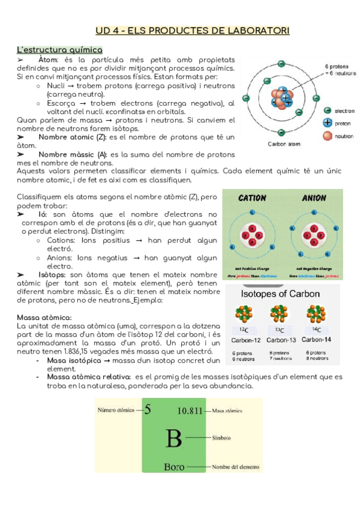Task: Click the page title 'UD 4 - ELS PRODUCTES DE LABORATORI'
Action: point(193,30)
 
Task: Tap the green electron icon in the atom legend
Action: point(327,110)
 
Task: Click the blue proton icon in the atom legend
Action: point(327,122)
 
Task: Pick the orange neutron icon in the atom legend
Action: point(327,136)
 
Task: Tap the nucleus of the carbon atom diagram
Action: point(281,98)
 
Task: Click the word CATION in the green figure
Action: point(253,198)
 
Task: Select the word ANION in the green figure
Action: point(313,198)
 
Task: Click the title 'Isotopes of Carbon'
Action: point(280,294)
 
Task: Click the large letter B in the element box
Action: point(173,438)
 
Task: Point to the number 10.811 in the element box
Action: point(194,411)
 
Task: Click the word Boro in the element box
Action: point(174,466)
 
